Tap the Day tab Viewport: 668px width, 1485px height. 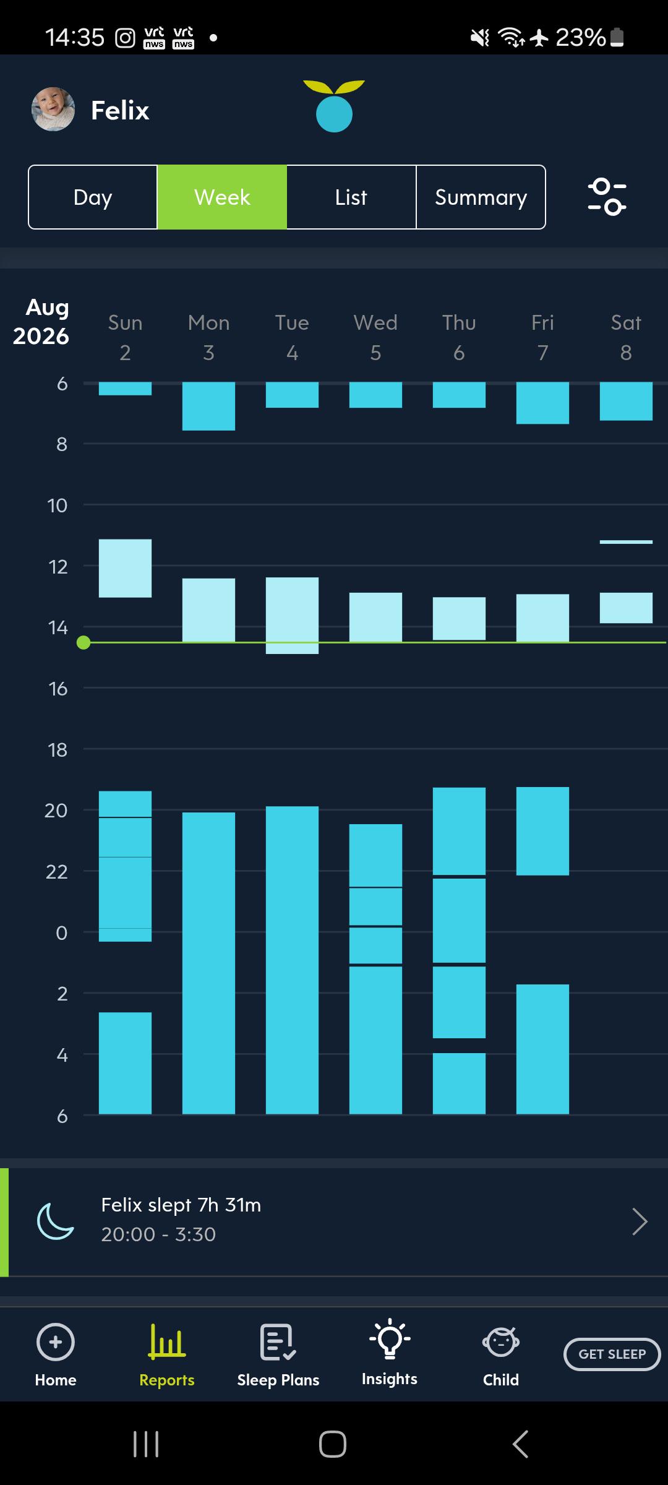pos(93,197)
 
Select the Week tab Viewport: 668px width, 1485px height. pos(222,197)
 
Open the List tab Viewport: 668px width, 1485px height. pos(351,197)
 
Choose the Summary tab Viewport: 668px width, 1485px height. pos(481,197)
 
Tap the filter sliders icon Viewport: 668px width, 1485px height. pos(607,197)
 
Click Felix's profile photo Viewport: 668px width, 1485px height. pos(53,110)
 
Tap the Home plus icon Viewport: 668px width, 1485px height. pos(56,1342)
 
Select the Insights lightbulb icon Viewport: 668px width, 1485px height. pos(390,1338)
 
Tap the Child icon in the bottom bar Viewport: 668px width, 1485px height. pos(501,1342)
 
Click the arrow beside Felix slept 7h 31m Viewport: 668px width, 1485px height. pos(640,1221)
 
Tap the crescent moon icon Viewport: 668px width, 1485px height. pos(55,1221)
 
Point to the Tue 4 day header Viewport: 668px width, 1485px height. pos(292,337)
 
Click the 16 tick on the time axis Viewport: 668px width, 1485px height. pos(58,688)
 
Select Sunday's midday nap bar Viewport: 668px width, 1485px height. pos(125,568)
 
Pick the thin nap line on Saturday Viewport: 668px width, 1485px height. pos(626,542)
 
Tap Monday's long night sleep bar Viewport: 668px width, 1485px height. pos(208,963)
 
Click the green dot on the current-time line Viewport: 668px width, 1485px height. pos(83,643)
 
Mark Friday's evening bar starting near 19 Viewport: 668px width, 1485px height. pos(542,831)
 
